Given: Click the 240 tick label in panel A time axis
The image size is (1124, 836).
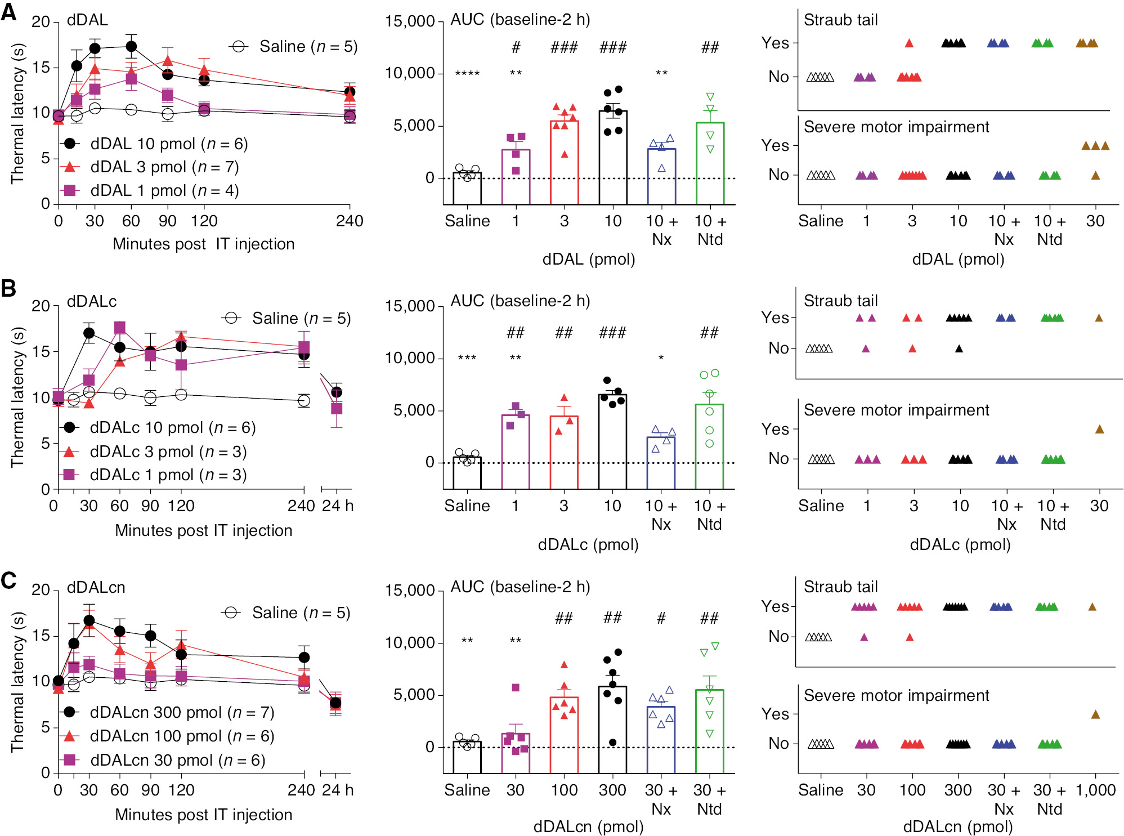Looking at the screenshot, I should coord(350,221).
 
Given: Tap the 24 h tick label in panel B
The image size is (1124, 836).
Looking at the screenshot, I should coord(337,506).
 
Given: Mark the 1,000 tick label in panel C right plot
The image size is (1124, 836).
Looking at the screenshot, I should coord(1095,790).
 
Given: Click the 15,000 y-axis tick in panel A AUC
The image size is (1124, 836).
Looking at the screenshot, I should coord(410,21).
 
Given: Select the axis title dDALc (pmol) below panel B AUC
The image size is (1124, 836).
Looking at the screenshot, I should coord(588,544).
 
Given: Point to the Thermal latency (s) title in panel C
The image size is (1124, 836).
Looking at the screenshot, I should coord(18,681).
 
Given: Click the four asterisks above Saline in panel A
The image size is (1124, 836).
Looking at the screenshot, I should coord(467,74).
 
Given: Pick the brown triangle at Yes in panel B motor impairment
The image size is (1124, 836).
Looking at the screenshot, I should coord(1099,429).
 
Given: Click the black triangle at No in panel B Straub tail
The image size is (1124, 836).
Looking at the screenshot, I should coord(959,348).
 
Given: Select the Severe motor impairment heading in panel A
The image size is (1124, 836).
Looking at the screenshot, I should coord(896,127).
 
